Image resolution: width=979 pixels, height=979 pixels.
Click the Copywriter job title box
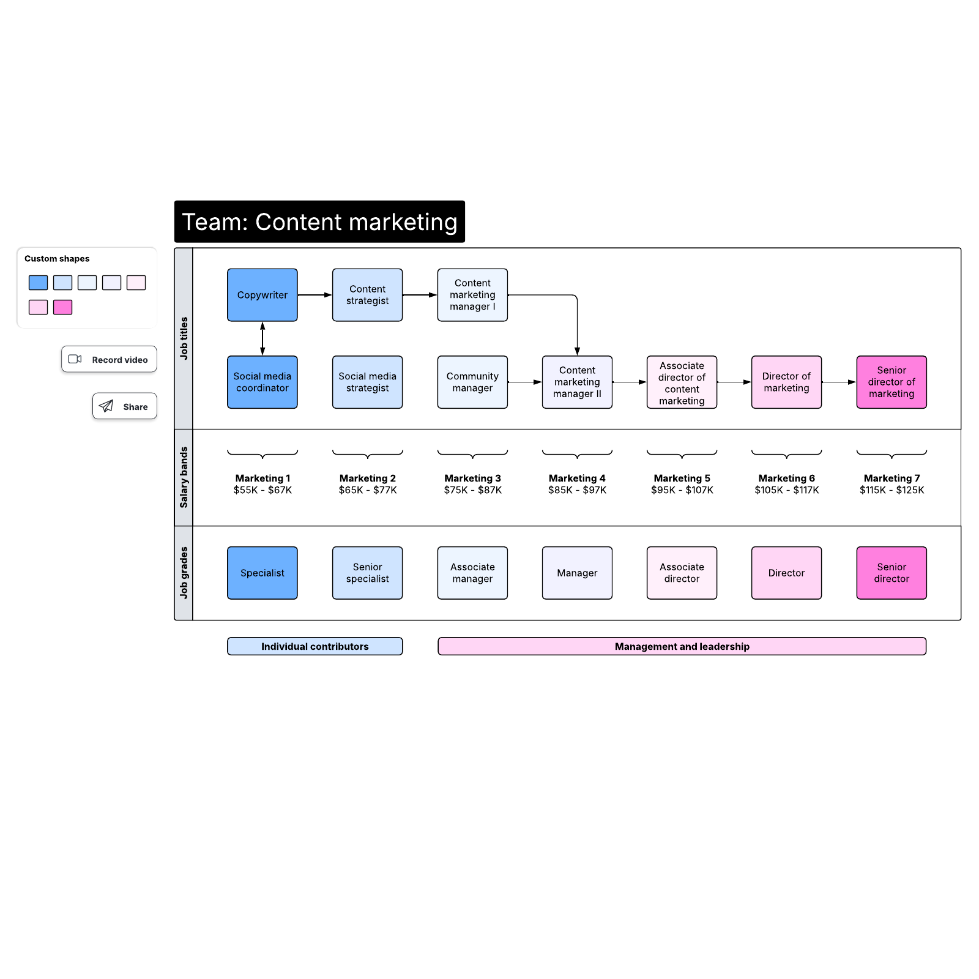[x=262, y=295]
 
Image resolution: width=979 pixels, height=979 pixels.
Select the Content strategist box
[x=367, y=295]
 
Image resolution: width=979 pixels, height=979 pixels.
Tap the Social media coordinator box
[x=262, y=382]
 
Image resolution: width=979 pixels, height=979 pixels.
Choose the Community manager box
[x=472, y=382]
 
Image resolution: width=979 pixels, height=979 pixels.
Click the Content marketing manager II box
[x=576, y=382]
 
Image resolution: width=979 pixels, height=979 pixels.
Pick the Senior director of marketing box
[x=891, y=382]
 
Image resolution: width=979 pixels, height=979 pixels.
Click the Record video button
[x=109, y=359]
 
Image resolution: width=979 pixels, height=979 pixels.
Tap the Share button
[x=124, y=406]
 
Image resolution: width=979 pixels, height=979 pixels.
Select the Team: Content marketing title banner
[x=319, y=221]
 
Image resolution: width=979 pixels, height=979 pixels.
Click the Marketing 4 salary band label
[x=576, y=478]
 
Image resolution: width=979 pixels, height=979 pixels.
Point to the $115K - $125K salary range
[x=891, y=490]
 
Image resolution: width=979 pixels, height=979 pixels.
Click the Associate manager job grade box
[x=472, y=573]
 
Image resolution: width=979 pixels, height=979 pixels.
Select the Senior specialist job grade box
[x=367, y=573]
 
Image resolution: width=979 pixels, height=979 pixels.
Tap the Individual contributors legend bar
[x=315, y=646]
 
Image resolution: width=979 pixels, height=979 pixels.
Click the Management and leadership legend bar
[x=682, y=646]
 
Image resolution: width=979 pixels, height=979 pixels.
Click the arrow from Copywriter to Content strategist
[x=315, y=295]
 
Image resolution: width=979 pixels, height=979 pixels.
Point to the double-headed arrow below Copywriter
[x=262, y=338]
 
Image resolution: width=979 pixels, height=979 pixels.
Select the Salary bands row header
[x=184, y=477]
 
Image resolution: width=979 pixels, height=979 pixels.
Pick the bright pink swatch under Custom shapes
[x=62, y=307]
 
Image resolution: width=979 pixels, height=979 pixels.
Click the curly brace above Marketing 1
[x=262, y=454]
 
